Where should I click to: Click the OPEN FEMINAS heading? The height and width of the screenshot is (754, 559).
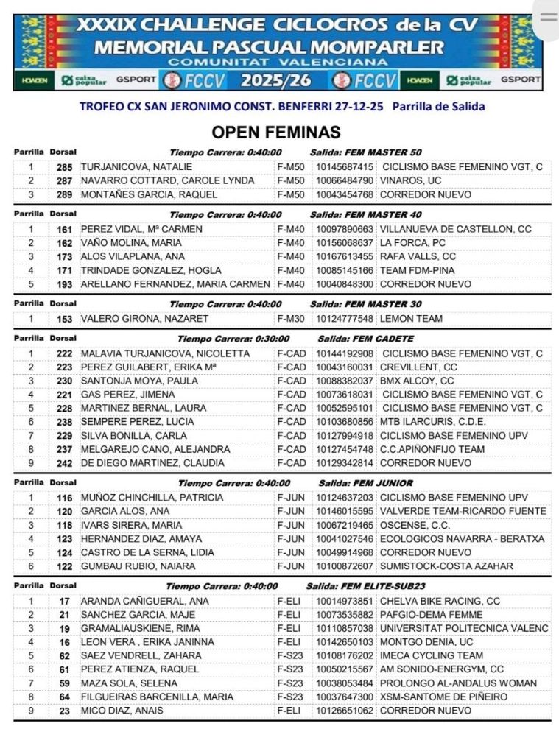[276, 133]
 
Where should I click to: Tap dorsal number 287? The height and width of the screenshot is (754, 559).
[65, 181]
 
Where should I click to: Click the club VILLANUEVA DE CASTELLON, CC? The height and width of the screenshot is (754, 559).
[455, 229]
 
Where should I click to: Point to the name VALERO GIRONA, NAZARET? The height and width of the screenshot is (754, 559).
[144, 319]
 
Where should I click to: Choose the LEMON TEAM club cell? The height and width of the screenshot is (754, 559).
[411, 319]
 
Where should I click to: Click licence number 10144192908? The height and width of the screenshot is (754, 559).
[345, 353]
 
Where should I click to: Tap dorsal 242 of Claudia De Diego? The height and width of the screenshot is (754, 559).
[65, 463]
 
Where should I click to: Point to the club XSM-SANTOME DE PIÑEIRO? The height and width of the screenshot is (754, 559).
[443, 697]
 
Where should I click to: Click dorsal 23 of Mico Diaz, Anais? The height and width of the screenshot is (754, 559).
[65, 711]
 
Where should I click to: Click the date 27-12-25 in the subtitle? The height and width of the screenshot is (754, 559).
[362, 107]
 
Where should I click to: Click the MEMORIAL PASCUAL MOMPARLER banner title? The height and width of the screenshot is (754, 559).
[280, 47]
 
